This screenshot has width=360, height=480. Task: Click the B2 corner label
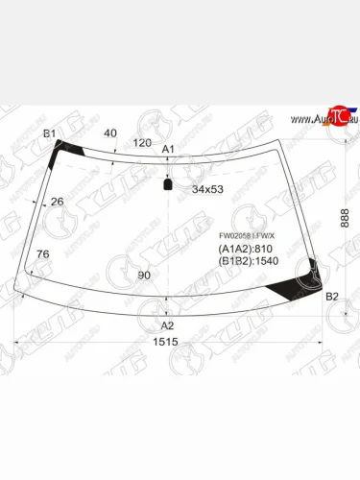pos(332,297)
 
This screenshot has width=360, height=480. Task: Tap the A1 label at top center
pos(167,149)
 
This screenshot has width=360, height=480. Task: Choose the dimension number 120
pos(142,142)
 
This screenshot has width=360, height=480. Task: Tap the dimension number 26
pos(57,201)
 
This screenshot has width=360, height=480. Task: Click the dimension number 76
pos(42,254)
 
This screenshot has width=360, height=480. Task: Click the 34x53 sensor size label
pos(207,189)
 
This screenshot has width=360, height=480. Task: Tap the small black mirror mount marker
pos(168,183)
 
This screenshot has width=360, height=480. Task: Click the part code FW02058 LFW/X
pos(246,235)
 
